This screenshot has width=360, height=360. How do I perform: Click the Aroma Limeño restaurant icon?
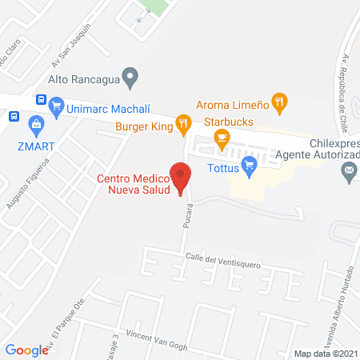[x=279, y=102]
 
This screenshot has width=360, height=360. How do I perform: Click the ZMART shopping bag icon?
[x=35, y=124]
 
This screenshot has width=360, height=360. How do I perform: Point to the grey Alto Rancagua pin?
[x=134, y=78]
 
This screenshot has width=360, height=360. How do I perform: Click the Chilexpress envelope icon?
[x=350, y=170]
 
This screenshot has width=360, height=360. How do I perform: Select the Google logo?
[x=26, y=350]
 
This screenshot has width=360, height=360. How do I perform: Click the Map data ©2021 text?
[x=326, y=353]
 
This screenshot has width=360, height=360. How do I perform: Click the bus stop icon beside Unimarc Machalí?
[x=40, y=99]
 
